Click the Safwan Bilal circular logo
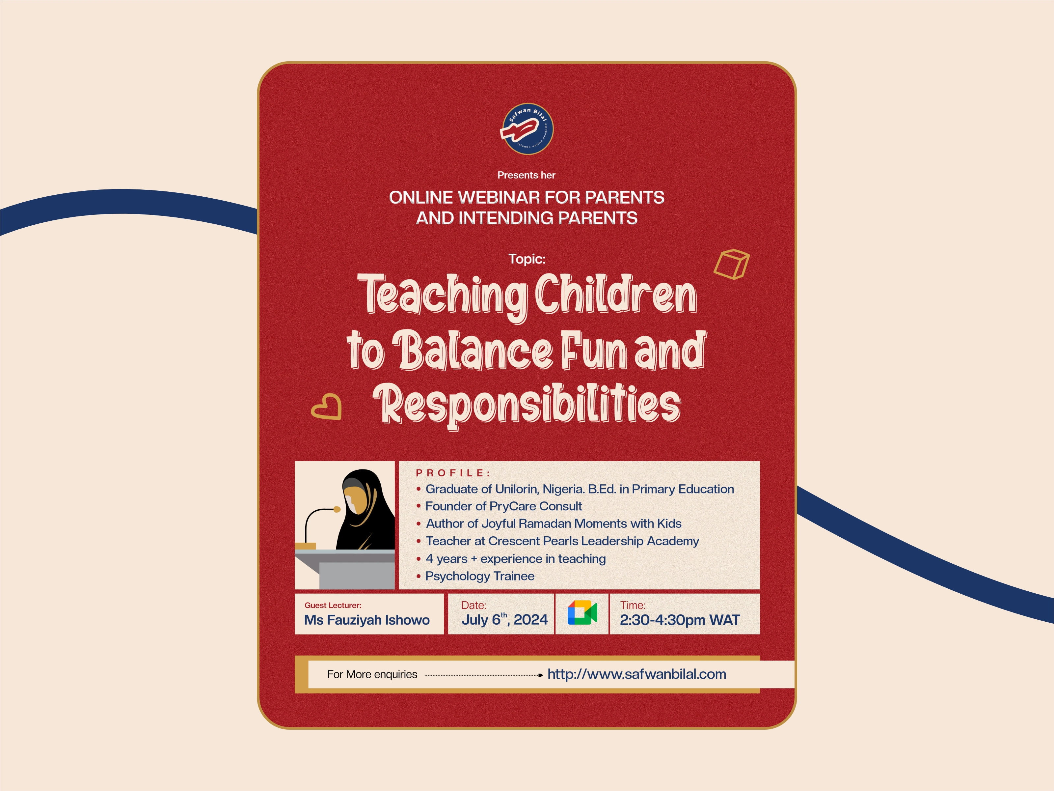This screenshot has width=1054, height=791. [x=527, y=129]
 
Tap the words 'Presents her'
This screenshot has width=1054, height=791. [x=527, y=175]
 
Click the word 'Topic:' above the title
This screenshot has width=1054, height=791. [x=527, y=259]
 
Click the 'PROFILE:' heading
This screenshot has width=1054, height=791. [x=453, y=473]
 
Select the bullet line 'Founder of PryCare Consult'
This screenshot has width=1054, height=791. [x=504, y=506]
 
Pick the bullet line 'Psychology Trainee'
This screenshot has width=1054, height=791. [x=480, y=576]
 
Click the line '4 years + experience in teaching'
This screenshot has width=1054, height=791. [x=516, y=559]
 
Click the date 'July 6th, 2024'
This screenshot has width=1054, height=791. [x=504, y=619]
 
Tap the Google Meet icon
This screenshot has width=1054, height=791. [x=582, y=613]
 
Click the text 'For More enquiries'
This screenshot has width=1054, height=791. [x=372, y=674]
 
